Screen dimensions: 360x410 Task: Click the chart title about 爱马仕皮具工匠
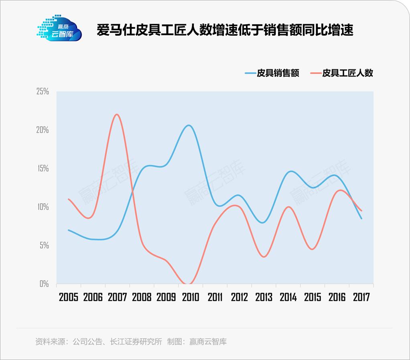225,30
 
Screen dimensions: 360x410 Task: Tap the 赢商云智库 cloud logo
59,29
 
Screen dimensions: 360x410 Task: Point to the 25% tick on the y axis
43,91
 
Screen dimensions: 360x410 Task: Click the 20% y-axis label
43,130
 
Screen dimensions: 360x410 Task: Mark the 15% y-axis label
43,168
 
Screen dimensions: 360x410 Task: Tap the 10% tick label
43,207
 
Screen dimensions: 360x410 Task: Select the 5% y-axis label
44,245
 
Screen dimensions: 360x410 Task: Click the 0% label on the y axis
44,284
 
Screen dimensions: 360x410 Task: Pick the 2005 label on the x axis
69,297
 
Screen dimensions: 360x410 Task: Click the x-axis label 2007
118,297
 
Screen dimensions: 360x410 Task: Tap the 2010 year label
191,297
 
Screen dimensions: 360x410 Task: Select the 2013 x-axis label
264,297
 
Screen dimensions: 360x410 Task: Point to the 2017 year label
361,297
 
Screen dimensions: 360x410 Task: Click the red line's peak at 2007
116,115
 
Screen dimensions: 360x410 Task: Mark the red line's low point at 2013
264,257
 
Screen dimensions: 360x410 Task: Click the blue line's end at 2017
361,218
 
